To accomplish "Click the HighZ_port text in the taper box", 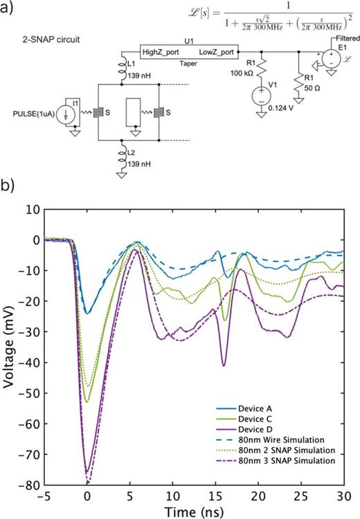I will (161, 52).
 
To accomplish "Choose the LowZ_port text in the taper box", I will (216, 52).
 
